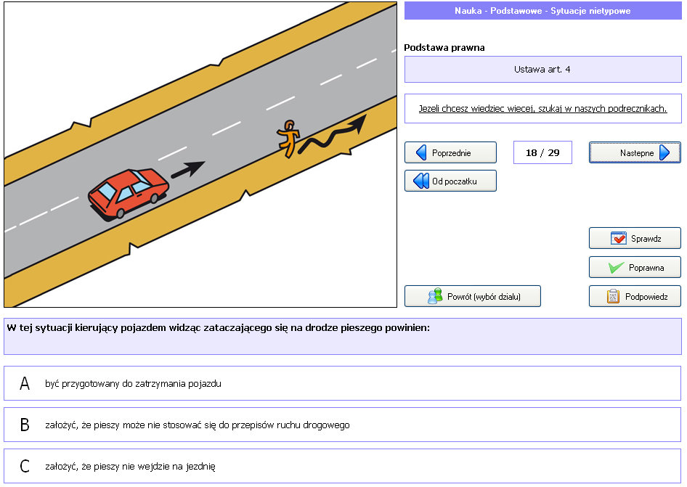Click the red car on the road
[x=128, y=193]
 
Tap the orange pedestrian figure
[x=288, y=139]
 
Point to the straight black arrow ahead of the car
[x=187, y=170]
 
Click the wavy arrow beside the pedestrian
[x=332, y=135]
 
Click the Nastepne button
[x=635, y=153]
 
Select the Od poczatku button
[x=450, y=181]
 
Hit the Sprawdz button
[x=635, y=238]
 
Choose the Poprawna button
[x=635, y=267]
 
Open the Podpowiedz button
[x=635, y=297]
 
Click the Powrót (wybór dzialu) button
[x=472, y=297]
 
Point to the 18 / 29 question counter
[x=542, y=152]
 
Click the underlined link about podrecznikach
[x=543, y=108]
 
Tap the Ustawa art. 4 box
[x=543, y=69]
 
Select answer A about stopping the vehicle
[x=342, y=383]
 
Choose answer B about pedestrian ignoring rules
[x=342, y=425]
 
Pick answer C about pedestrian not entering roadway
[x=342, y=466]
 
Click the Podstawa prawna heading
[x=444, y=47]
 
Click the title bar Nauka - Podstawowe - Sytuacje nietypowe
[x=543, y=10]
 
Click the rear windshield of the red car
[x=107, y=191]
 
